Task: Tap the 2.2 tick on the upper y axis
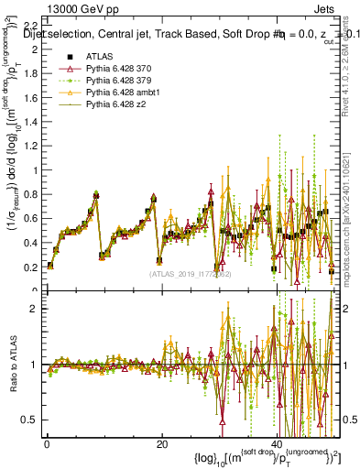[x=29, y=24]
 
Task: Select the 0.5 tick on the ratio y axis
[x=29, y=420]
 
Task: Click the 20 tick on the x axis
[x=162, y=444]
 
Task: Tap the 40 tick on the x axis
[x=278, y=444]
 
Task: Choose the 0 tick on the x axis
[x=46, y=444]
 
